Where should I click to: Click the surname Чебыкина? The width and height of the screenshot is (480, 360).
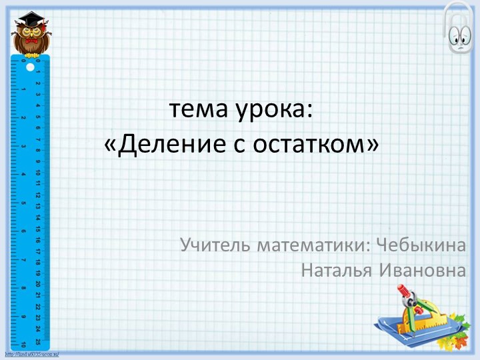pos(421,245)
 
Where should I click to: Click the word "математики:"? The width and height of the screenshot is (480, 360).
pos(315,245)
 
